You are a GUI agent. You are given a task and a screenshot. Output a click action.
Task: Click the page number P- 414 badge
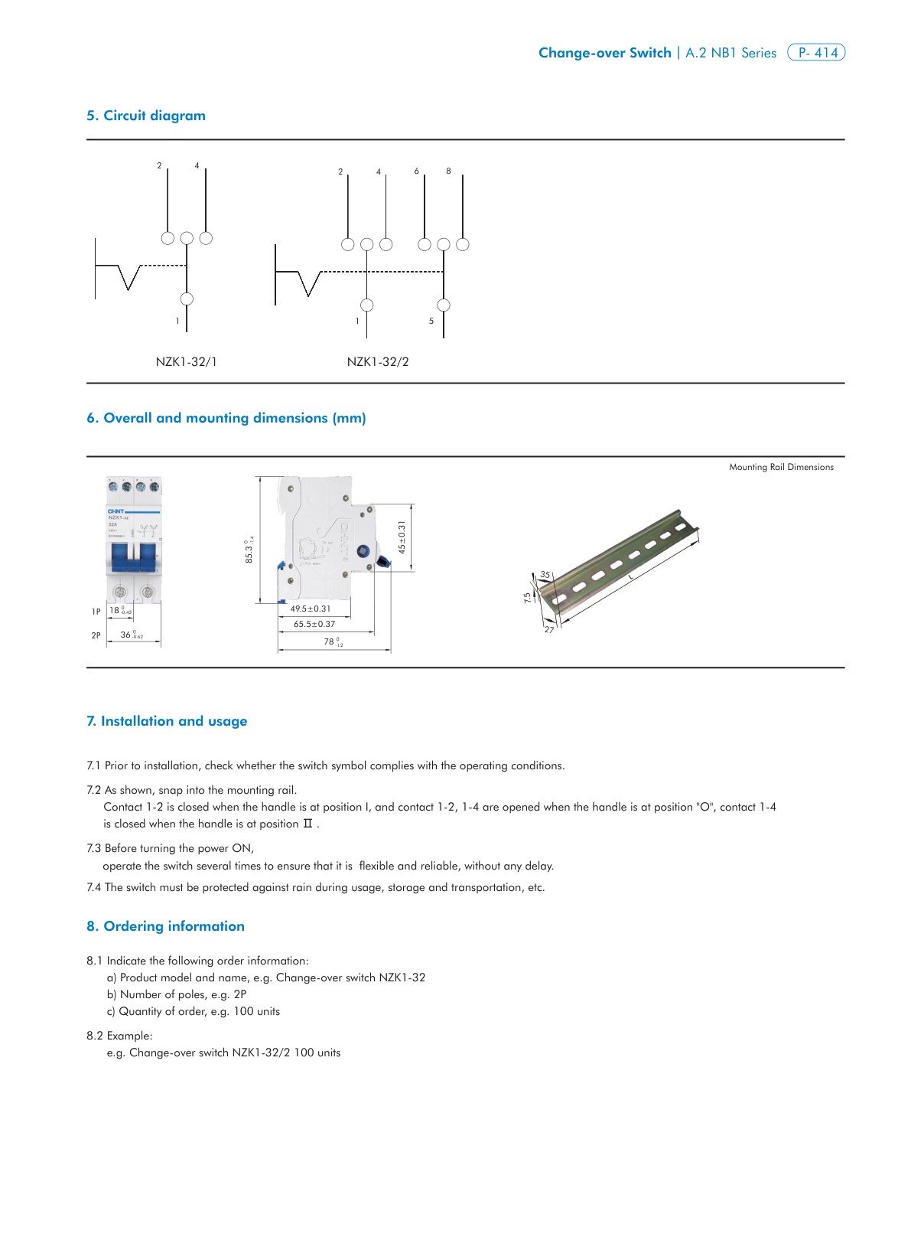coord(816,53)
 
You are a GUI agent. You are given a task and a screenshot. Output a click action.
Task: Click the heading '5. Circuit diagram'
coord(146,116)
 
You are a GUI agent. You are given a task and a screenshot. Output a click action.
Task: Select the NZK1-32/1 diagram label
coord(186,361)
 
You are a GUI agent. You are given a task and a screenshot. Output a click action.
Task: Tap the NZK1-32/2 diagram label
coord(378,361)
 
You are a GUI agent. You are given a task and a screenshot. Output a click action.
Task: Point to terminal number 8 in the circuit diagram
coord(448,171)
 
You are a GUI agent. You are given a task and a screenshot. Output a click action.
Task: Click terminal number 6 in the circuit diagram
coord(417,171)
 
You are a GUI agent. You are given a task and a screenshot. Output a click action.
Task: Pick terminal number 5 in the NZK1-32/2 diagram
coord(431,321)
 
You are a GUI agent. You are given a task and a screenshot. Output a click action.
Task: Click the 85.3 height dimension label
coord(249,550)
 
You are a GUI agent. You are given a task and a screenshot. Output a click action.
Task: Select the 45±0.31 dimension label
coord(402,537)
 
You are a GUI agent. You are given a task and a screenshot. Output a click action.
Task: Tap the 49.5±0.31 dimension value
coord(311,609)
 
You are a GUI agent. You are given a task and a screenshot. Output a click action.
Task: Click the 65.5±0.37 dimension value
coord(314,624)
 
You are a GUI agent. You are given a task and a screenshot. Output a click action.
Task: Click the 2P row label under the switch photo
coord(96,635)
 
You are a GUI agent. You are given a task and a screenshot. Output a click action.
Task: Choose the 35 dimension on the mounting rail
coord(545,574)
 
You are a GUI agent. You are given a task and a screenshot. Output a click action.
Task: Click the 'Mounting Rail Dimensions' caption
coord(781,467)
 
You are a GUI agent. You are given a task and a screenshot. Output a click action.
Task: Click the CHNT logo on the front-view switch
coord(116,511)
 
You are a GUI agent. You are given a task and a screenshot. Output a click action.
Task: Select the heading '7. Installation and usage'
coord(167,721)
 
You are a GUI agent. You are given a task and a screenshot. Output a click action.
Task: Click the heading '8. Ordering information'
coord(165,926)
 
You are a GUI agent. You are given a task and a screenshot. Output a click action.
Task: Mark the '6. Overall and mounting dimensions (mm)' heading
coord(226,418)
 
